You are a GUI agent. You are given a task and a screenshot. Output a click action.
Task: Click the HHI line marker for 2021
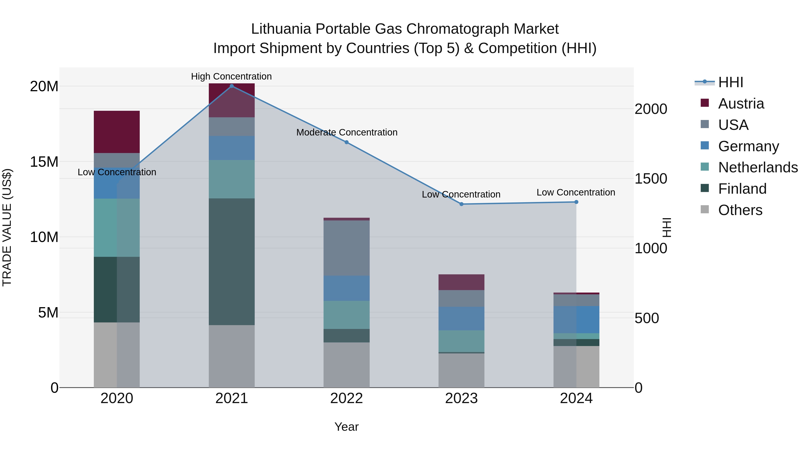[x=232, y=86]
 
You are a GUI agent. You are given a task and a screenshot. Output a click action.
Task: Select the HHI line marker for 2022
[x=346, y=142]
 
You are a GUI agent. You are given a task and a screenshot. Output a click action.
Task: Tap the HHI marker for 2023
[x=461, y=204]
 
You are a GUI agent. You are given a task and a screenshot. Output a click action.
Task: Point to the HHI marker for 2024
[x=576, y=202]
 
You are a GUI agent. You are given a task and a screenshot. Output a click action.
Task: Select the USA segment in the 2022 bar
[x=346, y=248]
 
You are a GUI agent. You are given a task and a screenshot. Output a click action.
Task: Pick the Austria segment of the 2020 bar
[x=117, y=132]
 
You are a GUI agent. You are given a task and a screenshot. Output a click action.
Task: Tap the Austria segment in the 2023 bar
[x=461, y=282]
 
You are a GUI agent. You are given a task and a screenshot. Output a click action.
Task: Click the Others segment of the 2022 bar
[x=346, y=365]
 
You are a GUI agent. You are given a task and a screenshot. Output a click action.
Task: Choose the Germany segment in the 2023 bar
[x=461, y=318]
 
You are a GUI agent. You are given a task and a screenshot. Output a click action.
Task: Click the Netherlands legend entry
[x=758, y=167]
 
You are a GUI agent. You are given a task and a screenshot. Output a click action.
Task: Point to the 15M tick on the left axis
[x=44, y=162]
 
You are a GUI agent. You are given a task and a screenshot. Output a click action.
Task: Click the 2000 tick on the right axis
[x=650, y=109]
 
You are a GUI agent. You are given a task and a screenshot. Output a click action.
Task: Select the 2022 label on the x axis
[x=346, y=398]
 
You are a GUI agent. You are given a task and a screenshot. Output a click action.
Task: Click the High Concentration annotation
[x=232, y=76]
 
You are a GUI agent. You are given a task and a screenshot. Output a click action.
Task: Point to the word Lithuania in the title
[x=281, y=29]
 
